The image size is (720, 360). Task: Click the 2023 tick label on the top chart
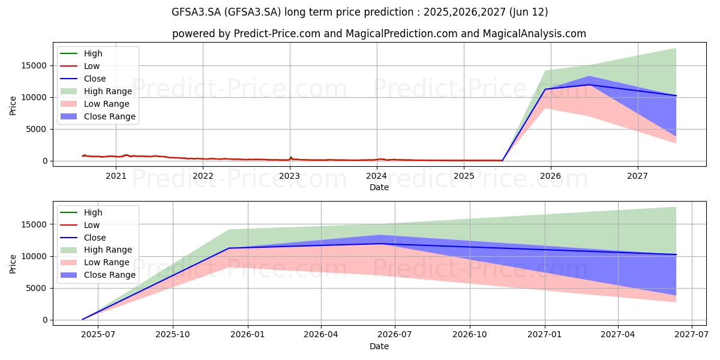[290, 176]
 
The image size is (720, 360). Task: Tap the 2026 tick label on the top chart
[551, 176]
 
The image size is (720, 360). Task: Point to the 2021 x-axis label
[116, 176]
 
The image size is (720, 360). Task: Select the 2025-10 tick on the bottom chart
[173, 335]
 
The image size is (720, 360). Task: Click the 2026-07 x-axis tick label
[395, 335]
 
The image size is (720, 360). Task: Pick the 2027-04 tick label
[618, 335]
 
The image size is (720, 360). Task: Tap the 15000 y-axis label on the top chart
[34, 66]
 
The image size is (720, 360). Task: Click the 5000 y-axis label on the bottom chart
[37, 289]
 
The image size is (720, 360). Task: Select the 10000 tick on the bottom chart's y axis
[34, 257]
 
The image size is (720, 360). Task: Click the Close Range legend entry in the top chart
[98, 116]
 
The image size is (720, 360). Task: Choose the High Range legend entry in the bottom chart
[96, 250]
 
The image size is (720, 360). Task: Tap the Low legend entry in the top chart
[80, 66]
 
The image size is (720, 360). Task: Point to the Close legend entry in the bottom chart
[83, 238]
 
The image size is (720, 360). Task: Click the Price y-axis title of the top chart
[13, 106]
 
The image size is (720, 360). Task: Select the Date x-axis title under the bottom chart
[379, 346]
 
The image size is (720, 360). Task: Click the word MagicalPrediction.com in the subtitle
[401, 34]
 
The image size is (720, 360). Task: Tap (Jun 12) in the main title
[529, 12]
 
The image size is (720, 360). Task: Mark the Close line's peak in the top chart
[589, 85]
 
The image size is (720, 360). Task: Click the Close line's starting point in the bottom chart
[83, 319]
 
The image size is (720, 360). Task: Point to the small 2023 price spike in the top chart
[290, 157]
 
